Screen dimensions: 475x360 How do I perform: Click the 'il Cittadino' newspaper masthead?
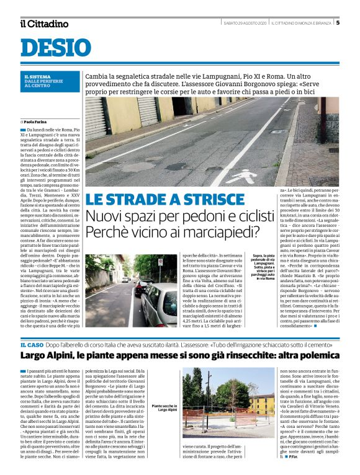[x=43, y=24]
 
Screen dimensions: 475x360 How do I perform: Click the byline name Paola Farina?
[x=37, y=122]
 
